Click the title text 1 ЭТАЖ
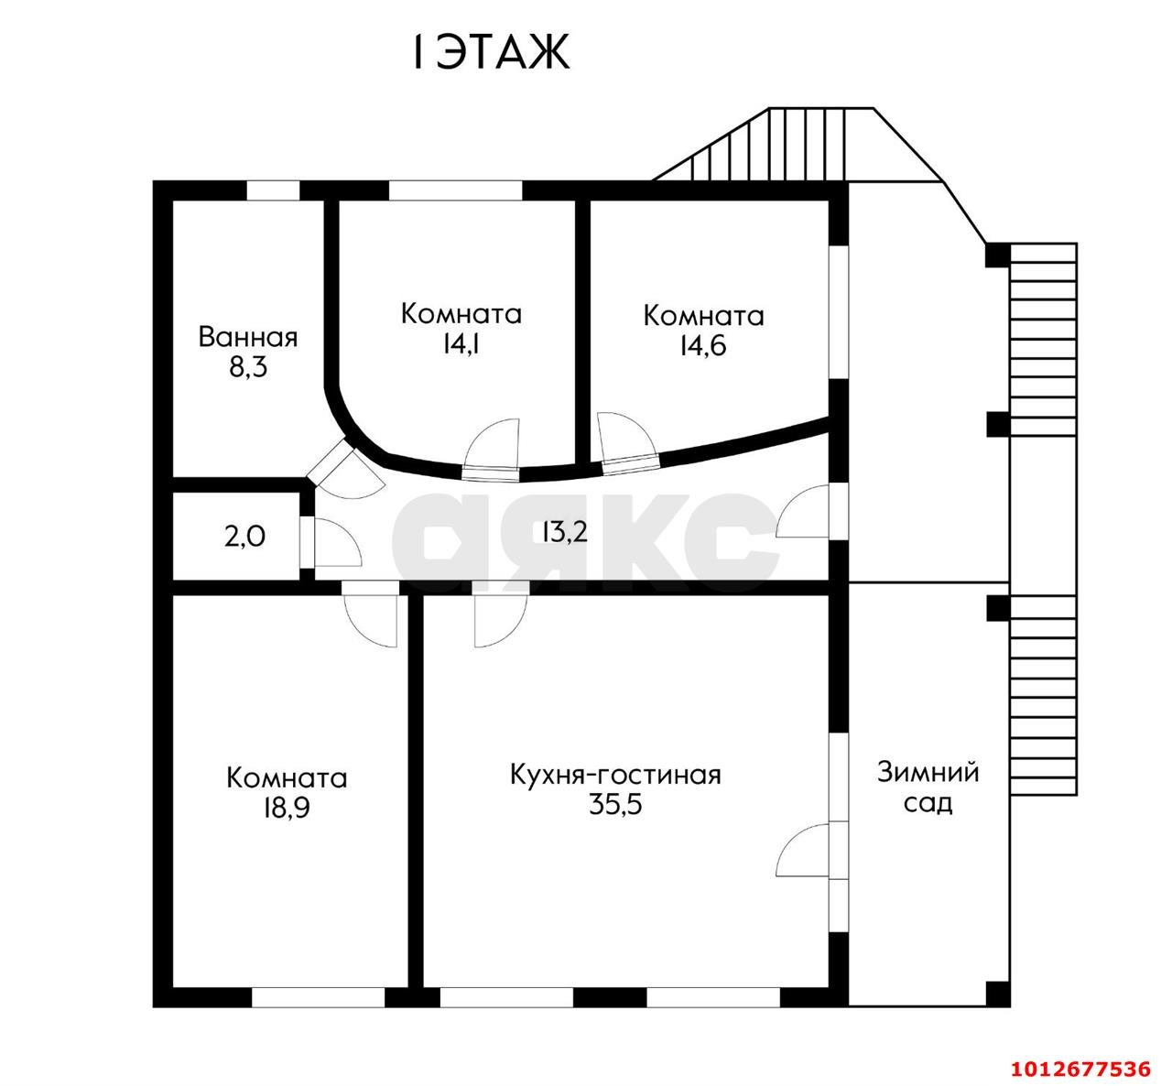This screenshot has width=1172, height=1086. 491,52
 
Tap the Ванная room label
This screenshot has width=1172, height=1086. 248,338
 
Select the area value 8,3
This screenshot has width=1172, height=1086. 248,367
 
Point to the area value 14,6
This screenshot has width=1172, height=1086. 703,345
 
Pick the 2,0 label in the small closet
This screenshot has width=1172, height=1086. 244,538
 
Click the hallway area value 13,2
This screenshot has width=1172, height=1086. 565,532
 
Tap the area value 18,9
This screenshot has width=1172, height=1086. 287,808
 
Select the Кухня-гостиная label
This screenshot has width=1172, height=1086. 615,775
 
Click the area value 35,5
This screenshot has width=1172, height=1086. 615,805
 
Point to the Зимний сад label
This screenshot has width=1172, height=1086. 928,787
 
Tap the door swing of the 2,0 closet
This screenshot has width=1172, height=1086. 338,543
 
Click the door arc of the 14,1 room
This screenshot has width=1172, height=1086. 492,443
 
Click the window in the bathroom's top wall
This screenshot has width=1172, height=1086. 273,190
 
